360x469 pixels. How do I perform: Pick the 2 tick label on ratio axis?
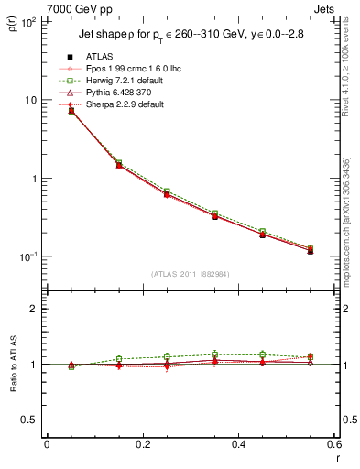pos(34,309)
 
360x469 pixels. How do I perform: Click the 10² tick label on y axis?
pos(28,21)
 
